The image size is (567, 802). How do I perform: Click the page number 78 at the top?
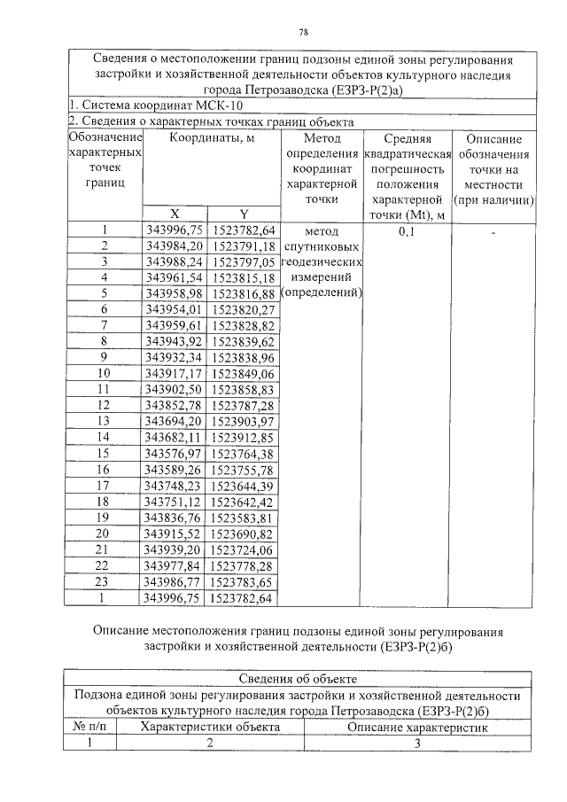point(303,33)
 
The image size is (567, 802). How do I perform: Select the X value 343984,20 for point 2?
point(175,245)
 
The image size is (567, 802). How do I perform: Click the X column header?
point(175,214)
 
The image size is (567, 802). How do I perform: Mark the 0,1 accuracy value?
point(407,231)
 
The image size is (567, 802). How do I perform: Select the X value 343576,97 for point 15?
point(175,453)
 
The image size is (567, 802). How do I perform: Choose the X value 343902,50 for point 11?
point(175,389)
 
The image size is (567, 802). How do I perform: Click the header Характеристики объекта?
point(210,726)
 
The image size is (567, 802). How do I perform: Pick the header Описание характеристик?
point(416,726)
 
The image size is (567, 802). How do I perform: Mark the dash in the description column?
point(493,231)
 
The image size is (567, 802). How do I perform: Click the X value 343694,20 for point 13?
point(175,421)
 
